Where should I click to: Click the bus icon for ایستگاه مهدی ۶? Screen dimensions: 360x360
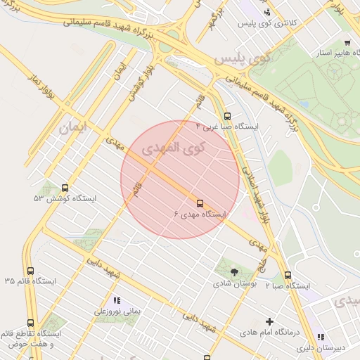[200, 204]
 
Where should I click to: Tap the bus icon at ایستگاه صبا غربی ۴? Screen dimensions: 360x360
[226, 117]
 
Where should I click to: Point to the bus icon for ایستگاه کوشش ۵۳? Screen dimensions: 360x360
[65, 188]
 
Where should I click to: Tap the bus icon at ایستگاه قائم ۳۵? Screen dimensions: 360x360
[30, 271]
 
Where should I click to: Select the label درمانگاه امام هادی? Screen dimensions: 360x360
[270, 332]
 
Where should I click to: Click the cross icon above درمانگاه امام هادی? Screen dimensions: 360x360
[269, 321]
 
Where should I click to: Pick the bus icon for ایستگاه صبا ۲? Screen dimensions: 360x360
[288, 276]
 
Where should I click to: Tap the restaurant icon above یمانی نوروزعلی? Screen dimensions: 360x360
[117, 300]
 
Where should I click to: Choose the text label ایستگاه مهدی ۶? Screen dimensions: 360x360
[200, 214]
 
